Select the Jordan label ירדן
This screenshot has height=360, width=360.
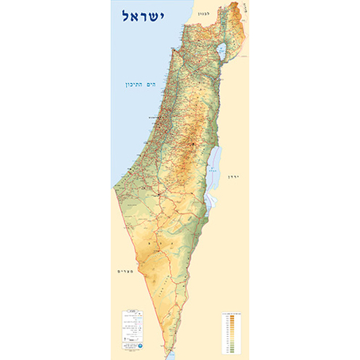(233, 175)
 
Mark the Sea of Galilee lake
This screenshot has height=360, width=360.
(220, 53)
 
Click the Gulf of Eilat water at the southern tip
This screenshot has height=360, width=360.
(166, 354)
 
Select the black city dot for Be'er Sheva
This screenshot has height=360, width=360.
(161, 194)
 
